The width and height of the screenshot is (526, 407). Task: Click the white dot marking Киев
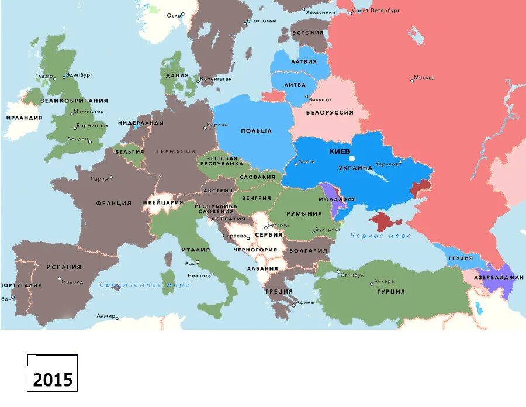pos(352,158)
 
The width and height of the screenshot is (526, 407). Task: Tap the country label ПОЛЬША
pos(256,131)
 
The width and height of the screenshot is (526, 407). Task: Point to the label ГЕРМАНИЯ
pos(176,151)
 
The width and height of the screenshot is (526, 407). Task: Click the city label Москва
pos(424,78)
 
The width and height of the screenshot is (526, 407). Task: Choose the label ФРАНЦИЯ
pos(113,203)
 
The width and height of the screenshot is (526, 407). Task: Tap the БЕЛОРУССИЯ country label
pos(330,112)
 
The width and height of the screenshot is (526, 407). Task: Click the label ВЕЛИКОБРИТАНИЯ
pos(74,101)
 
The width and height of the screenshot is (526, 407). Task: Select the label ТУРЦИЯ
pos(391,291)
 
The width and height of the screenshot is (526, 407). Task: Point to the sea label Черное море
pos(380,236)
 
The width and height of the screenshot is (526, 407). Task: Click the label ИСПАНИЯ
pos(64,267)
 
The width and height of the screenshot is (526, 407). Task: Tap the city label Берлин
pos(217,125)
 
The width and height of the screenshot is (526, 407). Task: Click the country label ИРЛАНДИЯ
pos(24,118)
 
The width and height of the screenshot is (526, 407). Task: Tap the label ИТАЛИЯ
pos(195,250)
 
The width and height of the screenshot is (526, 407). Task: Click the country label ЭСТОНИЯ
pos(307,32)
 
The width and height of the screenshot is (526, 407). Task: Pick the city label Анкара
pos(383,281)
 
